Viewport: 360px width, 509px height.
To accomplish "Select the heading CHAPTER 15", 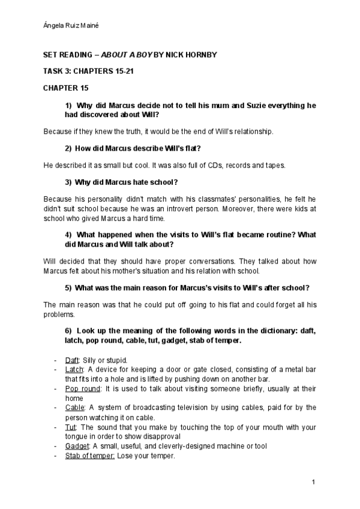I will click(x=65, y=88).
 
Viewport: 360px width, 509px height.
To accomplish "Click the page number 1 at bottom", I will click(x=314, y=482).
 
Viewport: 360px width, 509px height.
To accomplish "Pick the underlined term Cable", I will click(x=74, y=408).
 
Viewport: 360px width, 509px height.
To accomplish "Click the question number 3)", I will click(x=68, y=182).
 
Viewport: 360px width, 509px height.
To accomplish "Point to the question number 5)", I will click(x=68, y=288).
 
